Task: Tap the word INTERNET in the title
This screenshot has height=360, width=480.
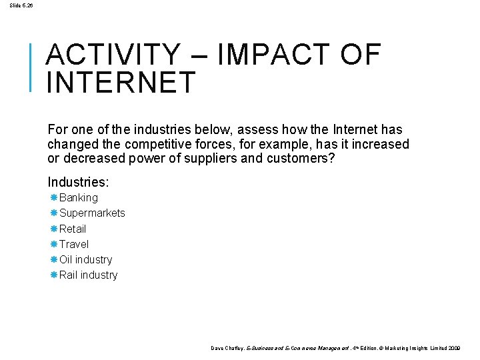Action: (121, 83)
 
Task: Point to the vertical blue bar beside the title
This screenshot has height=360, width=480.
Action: (31, 66)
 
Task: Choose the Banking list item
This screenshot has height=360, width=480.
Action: (79, 198)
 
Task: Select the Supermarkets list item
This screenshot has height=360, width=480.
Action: (92, 213)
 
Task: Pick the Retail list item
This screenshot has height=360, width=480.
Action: (73, 229)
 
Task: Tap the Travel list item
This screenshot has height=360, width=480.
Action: (74, 244)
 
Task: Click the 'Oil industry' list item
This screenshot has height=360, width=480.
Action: (86, 259)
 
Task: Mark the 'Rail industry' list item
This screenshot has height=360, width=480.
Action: (89, 275)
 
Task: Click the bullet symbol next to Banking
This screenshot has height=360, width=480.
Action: (53, 198)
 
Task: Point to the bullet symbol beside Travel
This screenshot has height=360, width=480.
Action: (53, 244)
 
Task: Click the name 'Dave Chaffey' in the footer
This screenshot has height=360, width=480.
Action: (227, 348)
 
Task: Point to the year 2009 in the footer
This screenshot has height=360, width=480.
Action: (453, 348)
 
